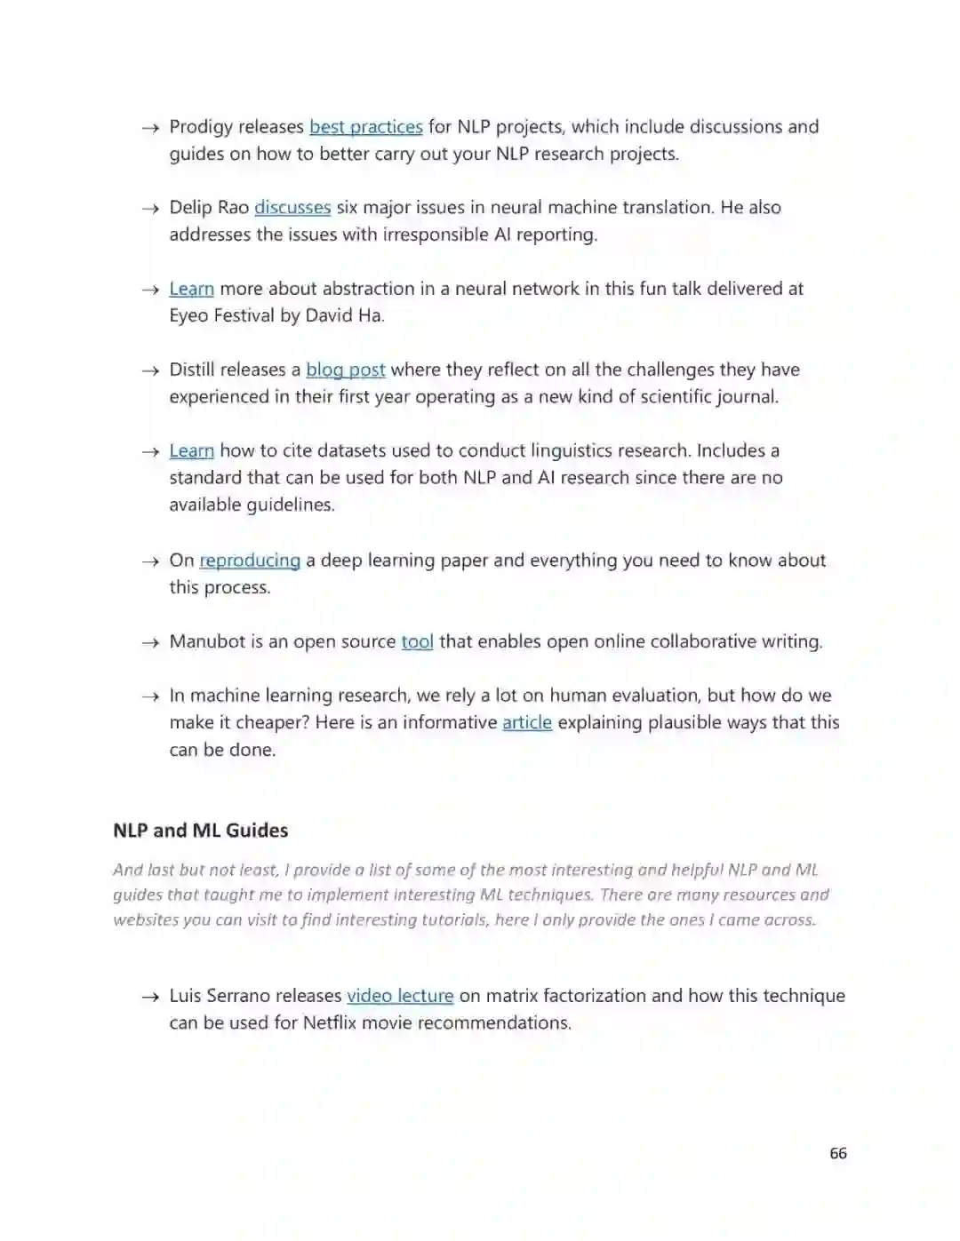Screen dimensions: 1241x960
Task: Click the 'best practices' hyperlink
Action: [365, 127]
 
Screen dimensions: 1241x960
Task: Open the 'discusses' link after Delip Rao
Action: [292, 208]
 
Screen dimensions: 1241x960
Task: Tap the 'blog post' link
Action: [345, 370]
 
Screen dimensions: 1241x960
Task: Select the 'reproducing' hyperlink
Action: [250, 561]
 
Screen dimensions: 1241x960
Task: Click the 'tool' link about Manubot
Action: [417, 641]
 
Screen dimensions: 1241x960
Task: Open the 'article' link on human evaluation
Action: [527, 722]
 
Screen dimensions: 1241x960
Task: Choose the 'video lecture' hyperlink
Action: [400, 996]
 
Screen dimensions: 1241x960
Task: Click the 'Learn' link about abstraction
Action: [192, 289]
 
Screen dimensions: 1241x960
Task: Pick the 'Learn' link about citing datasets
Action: [192, 450]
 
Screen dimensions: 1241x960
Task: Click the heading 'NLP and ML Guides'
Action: [201, 831]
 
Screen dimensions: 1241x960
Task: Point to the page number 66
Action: [838, 1153]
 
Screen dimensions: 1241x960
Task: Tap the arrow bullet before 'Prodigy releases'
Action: [150, 128]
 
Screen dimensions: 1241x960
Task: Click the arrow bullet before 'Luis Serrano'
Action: [150, 997]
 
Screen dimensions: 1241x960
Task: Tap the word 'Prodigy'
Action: [201, 127]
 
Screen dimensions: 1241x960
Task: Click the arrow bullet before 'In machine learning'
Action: [150, 696]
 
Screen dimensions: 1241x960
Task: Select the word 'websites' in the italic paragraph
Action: [146, 920]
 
